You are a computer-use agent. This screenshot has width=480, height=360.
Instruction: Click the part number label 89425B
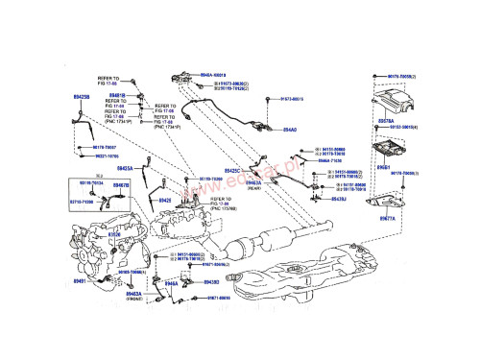pos(83,97)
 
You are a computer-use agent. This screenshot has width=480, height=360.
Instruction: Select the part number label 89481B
pos(116,97)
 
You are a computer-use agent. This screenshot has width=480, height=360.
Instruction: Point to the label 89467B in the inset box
pos(120,184)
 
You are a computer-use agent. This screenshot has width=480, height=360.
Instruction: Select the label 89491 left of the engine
pos(81,281)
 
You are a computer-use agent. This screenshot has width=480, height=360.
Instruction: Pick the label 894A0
pos(290,128)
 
